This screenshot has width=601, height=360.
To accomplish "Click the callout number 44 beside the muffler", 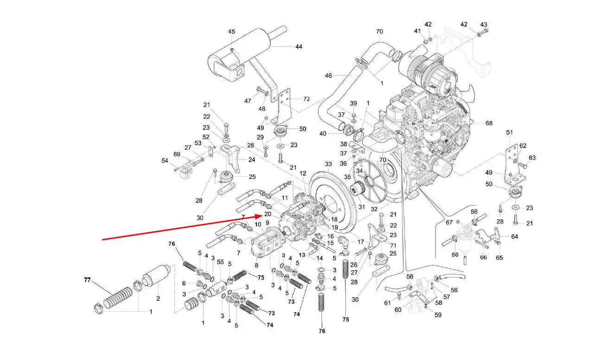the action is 299,47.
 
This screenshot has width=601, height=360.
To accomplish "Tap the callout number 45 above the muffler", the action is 231,32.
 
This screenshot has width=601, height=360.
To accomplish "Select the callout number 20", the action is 268,214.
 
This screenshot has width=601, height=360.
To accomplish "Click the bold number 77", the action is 87,280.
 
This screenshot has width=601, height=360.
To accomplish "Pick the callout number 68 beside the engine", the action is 489,123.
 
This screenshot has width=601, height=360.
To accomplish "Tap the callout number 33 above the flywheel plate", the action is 328,164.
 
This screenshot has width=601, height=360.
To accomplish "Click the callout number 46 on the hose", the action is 328,76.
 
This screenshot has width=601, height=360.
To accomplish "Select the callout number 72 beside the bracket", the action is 307,99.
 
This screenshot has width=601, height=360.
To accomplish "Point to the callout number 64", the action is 514,237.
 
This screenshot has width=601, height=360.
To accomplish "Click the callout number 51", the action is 509,132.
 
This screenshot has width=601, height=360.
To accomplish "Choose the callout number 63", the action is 532,158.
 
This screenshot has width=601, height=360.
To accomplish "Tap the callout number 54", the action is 165,161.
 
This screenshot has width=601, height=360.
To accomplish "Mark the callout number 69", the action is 177,154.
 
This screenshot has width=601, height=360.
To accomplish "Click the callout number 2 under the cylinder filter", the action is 158,298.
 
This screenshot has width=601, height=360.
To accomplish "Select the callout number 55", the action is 220,262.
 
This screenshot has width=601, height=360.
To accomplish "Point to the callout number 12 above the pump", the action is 303,174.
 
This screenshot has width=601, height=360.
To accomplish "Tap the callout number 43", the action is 484,25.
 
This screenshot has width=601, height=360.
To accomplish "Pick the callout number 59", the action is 438,315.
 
